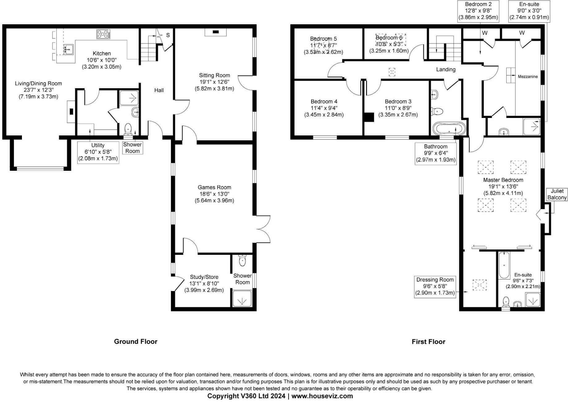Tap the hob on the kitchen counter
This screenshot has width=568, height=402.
click(103, 34)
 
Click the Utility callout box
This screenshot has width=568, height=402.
click(98, 152)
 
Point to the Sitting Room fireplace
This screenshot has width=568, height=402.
click(216, 32)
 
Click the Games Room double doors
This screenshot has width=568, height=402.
click(263, 229)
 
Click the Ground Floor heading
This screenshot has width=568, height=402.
click(136, 341)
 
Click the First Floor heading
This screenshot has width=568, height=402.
click(428, 341)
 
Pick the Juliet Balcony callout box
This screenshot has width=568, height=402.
click(557, 195)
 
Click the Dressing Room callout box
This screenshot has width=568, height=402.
click(435, 286)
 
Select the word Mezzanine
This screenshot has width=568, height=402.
click(528, 77)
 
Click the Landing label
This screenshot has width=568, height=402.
click(445, 69)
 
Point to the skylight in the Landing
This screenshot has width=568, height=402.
click(392, 72)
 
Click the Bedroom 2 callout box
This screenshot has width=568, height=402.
click(478, 11)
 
